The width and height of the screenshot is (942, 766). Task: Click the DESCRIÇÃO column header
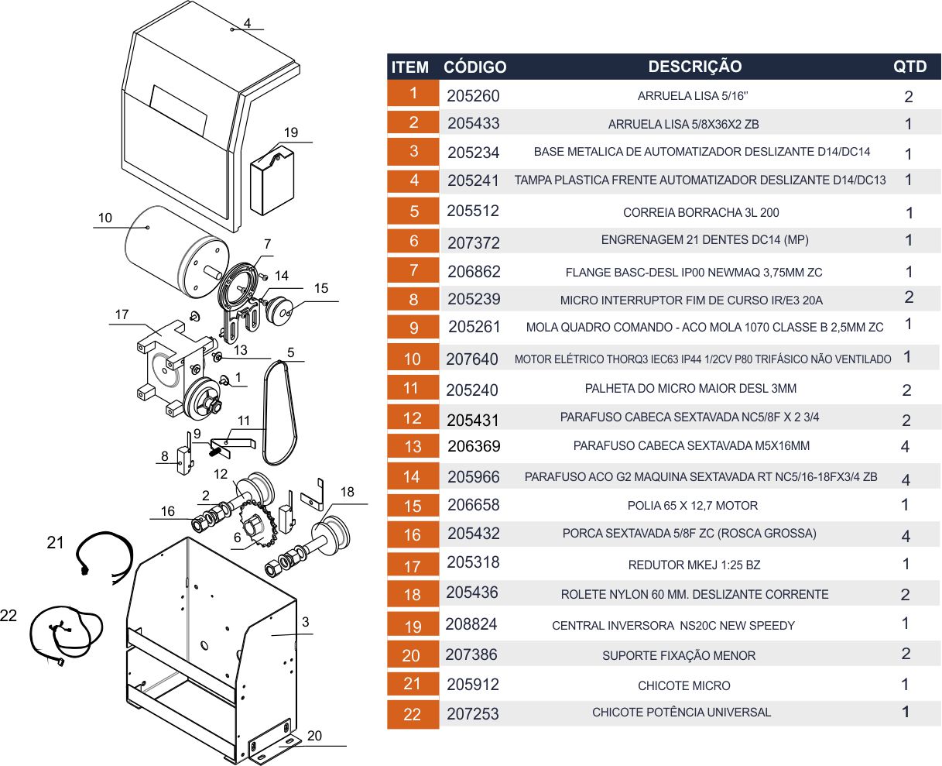pyautogui.click(x=695, y=67)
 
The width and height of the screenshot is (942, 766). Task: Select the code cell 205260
pyautogui.click(x=473, y=96)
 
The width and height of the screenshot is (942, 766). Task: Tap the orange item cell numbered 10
pyautogui.click(x=413, y=359)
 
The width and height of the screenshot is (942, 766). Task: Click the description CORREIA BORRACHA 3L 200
pyautogui.click(x=701, y=213)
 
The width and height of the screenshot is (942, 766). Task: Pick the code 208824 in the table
pyautogui.click(x=471, y=624)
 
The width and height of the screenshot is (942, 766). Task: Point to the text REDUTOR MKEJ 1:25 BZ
pyautogui.click(x=694, y=565)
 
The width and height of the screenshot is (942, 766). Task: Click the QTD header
pyautogui.click(x=909, y=67)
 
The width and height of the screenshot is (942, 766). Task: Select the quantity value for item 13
pyautogui.click(x=905, y=446)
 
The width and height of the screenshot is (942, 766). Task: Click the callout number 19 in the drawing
pyautogui.click(x=290, y=132)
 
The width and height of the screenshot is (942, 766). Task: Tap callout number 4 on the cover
pyautogui.click(x=247, y=23)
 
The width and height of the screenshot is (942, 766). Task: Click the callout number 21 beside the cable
pyautogui.click(x=55, y=542)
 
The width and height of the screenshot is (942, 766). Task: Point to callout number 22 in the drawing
pyautogui.click(x=9, y=616)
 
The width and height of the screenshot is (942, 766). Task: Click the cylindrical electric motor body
pyautogui.click(x=177, y=251)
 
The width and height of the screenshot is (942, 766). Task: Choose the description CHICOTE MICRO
pyautogui.click(x=683, y=686)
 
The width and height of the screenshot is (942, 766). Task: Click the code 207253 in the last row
pyautogui.click(x=472, y=714)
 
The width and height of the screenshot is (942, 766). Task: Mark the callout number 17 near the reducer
pyautogui.click(x=122, y=314)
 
